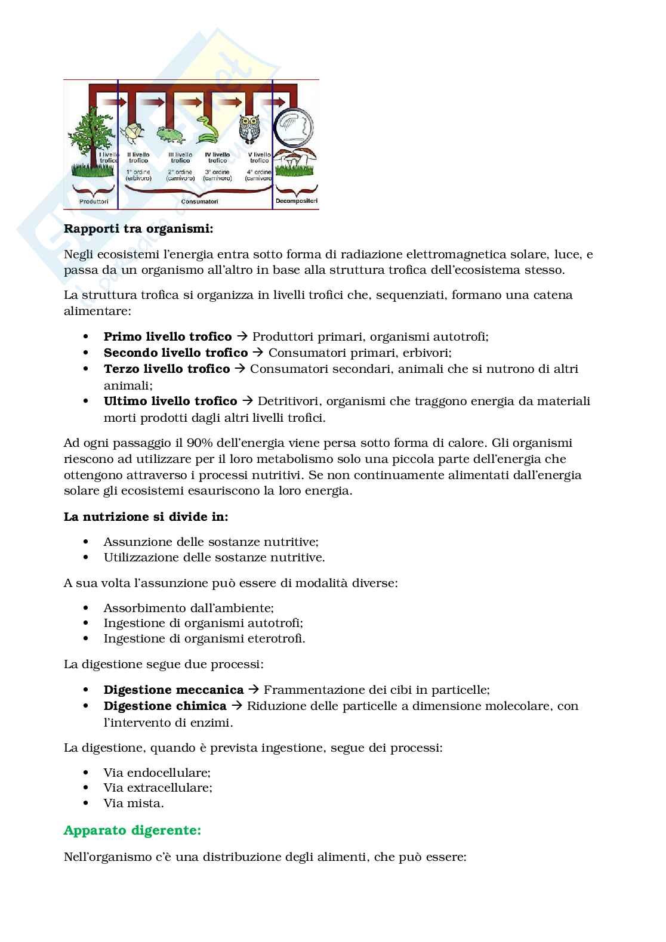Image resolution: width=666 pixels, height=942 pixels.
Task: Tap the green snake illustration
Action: [x=208, y=129]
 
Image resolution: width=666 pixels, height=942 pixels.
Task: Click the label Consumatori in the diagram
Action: [x=199, y=202]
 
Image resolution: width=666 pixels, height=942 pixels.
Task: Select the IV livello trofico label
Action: [x=217, y=157]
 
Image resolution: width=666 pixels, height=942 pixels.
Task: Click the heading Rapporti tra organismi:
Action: [x=138, y=228]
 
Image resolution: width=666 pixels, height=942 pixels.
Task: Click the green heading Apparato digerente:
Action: [x=132, y=830]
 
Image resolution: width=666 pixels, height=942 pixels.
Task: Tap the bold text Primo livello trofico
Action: [x=168, y=336]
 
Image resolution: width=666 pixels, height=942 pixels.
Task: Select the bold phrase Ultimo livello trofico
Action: [x=171, y=401]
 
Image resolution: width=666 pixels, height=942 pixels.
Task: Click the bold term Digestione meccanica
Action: [x=174, y=690]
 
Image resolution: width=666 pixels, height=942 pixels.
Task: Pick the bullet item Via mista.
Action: [x=134, y=803]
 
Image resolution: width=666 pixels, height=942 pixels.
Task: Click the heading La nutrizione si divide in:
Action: [x=146, y=517]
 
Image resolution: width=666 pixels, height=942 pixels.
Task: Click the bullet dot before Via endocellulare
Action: [x=87, y=773]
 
